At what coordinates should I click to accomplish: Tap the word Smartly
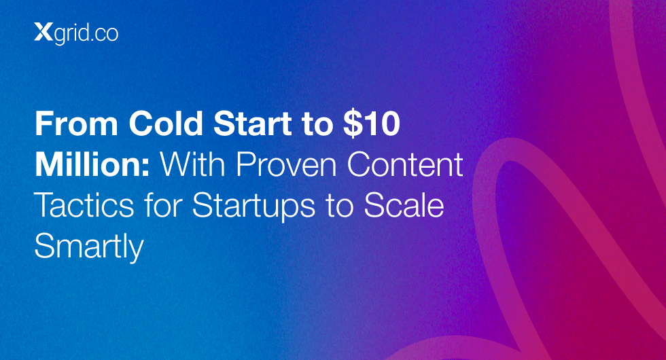[89, 248]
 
